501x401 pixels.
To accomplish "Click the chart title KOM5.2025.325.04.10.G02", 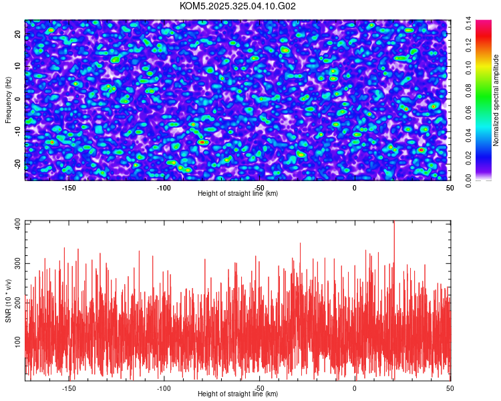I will click(238, 6).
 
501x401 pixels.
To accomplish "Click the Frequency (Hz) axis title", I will click(8, 99).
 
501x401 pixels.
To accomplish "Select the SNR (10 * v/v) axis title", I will click(8, 300).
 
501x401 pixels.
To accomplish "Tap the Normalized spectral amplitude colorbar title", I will click(496, 100).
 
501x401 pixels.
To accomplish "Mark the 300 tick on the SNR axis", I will click(14, 264).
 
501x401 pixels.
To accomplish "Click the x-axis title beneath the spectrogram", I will click(238, 194).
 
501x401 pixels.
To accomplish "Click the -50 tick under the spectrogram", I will click(259, 188).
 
